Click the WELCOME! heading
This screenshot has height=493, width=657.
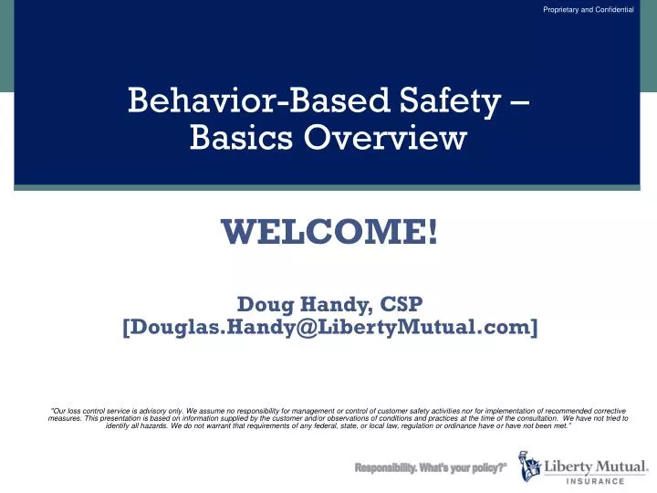click(329, 231)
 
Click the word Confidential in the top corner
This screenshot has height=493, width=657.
click(612, 9)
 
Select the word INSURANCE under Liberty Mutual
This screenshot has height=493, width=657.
click(591, 480)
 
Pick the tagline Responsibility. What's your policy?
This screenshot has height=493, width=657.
click(431, 467)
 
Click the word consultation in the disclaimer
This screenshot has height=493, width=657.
click(528, 417)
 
